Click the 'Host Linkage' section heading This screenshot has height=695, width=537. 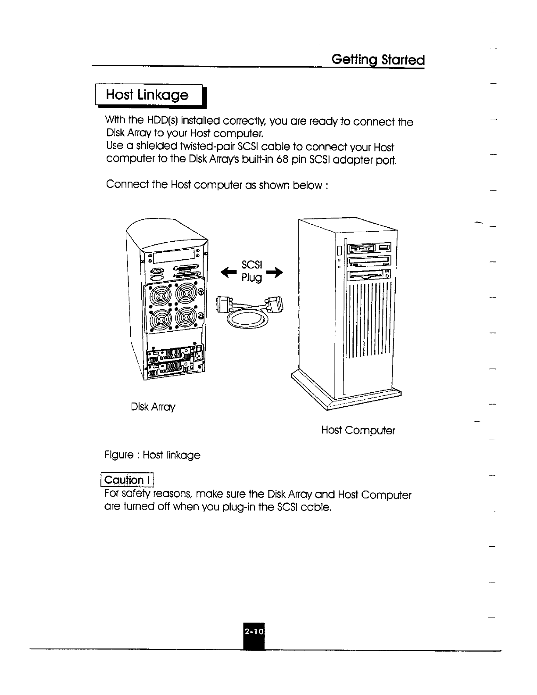tap(147, 95)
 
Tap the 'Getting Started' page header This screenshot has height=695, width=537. tap(378, 59)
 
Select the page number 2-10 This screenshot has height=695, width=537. tap(254, 632)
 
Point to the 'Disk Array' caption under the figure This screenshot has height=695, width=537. tap(153, 407)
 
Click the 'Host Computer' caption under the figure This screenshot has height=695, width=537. tap(358, 430)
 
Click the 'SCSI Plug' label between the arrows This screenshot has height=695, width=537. tap(251, 271)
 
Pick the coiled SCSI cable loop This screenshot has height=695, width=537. tap(247, 319)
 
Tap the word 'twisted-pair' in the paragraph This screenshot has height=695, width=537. tap(208, 147)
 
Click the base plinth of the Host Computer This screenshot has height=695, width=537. tap(347, 393)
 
